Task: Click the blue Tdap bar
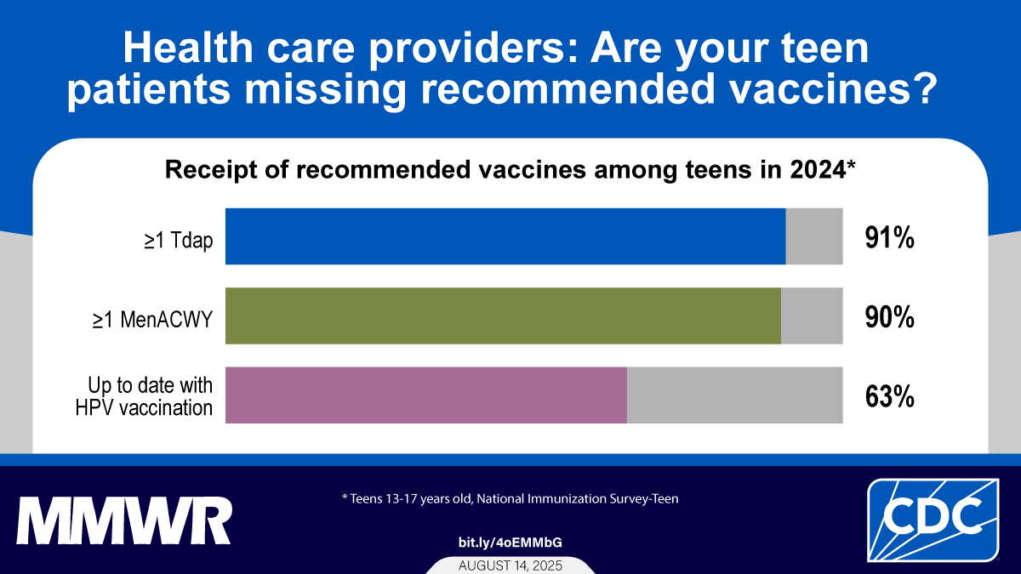(x=505, y=236)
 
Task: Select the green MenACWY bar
(x=503, y=315)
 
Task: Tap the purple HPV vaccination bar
(x=426, y=395)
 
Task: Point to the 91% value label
(x=889, y=238)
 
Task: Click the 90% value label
(x=889, y=317)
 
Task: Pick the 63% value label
(x=889, y=396)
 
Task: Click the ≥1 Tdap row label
(x=178, y=240)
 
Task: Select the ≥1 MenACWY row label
(x=152, y=320)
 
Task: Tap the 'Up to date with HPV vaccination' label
(x=144, y=396)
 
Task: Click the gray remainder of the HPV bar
(x=735, y=395)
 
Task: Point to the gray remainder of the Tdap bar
(x=814, y=236)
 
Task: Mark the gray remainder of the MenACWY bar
(x=812, y=315)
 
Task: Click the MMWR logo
(x=124, y=520)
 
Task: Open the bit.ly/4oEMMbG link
(x=510, y=543)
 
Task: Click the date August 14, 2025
(x=510, y=565)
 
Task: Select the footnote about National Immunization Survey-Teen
(x=510, y=499)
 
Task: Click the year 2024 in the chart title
(x=818, y=170)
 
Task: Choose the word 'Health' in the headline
(x=188, y=48)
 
